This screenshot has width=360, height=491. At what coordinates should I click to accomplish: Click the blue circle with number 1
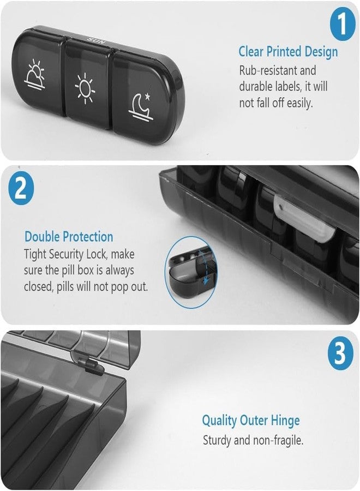point(343,23)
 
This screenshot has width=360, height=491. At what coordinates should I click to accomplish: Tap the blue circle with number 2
point(21,189)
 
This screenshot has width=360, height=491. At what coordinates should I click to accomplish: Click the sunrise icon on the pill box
point(35,76)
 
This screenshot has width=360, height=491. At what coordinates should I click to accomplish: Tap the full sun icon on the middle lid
point(85,88)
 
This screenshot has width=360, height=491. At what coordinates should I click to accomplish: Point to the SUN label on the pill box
point(97,40)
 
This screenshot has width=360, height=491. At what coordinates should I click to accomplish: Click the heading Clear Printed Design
point(288,52)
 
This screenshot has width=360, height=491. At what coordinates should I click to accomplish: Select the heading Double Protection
point(69,236)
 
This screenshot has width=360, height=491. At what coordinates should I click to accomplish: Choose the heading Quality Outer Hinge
point(251,421)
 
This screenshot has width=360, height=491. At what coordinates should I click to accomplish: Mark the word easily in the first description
point(300,103)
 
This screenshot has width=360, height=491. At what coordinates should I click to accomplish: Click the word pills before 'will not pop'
point(66,287)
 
